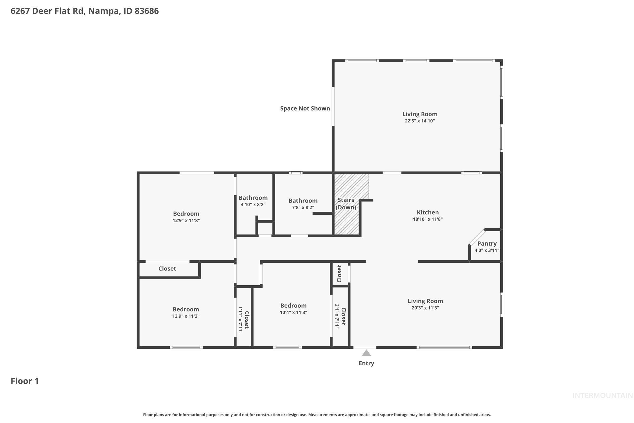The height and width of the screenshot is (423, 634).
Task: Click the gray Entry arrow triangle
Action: coord(366,353)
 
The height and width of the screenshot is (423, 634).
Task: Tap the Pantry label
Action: coord(487,243)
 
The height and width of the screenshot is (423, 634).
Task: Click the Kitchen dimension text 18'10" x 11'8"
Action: coord(427,219)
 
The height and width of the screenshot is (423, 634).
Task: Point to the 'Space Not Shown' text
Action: coord(305,108)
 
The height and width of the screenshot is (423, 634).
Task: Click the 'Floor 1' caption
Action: coord(25,381)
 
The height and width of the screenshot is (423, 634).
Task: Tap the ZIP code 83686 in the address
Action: coord(147,11)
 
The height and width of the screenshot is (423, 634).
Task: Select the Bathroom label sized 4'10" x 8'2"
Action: coord(253,198)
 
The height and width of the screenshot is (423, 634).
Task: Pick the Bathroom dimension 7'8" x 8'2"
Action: coord(303,208)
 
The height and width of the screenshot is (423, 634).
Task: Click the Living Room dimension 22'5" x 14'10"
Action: coord(420,121)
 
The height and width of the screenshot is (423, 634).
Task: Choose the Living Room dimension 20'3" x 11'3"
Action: coord(425,308)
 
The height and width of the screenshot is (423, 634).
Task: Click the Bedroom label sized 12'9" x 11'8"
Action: coord(186,214)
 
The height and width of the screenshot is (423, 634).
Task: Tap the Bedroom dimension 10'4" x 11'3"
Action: coord(293,312)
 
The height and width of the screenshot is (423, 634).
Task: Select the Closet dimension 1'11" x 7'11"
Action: coord(240,320)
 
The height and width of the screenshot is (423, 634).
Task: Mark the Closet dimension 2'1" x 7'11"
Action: coord(337,316)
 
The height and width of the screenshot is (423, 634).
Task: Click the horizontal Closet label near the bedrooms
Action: coord(167,269)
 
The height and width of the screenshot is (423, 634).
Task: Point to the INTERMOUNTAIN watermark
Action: coord(603,396)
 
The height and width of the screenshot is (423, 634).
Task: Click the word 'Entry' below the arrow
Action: coord(366,363)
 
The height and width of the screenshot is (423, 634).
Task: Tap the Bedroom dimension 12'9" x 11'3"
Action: coord(186,316)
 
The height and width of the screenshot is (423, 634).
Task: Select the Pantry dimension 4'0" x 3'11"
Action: coord(487,250)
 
